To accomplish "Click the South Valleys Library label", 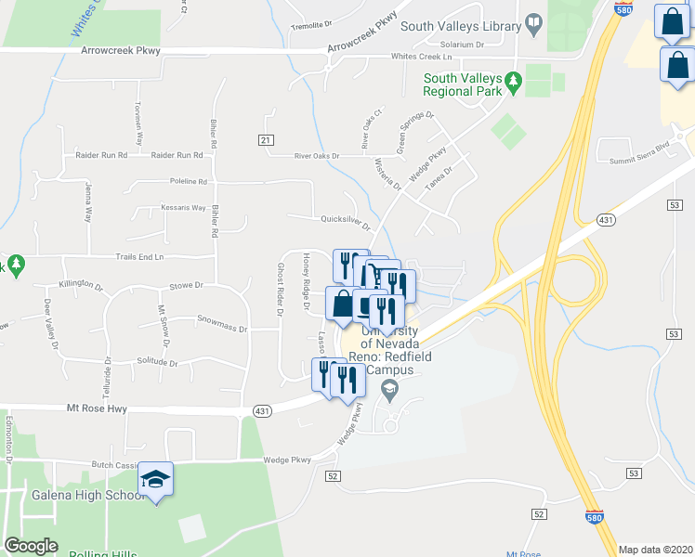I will click(460, 26).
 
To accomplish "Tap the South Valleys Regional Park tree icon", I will click(512, 85).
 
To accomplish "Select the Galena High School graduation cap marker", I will click(155, 480).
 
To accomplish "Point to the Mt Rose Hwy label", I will click(96, 408).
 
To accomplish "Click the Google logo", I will click(31, 546).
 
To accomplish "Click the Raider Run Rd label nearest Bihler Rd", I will click(177, 155).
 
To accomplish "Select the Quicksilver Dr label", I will click(345, 222).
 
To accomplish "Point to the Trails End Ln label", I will click(140, 256).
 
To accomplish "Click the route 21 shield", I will click(265, 139).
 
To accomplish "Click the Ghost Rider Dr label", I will click(279, 289).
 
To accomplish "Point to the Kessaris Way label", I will click(182, 207).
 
